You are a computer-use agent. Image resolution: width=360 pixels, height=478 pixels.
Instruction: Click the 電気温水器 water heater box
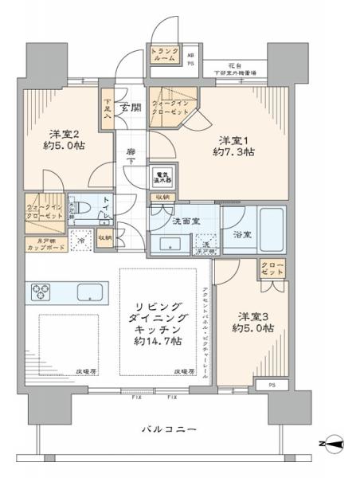[162, 177]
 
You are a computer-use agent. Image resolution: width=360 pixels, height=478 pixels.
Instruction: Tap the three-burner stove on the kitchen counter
[41, 292]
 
